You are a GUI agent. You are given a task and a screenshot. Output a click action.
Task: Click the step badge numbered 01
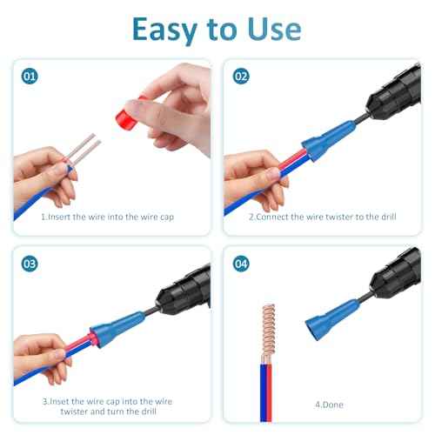point(30,77)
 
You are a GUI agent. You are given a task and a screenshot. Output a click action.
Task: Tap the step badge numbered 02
point(242,77)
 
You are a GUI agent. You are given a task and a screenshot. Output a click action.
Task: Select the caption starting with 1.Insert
point(109,217)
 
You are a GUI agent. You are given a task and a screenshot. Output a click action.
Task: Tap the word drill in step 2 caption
point(383,217)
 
